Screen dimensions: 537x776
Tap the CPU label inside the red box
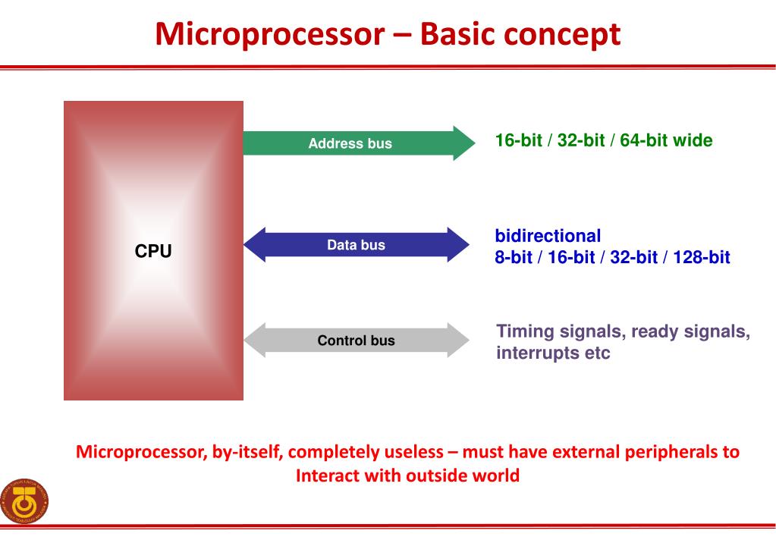pyautogui.click(x=153, y=251)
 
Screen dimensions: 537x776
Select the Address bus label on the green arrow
pyautogui.click(x=350, y=143)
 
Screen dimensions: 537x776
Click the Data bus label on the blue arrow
pyautogui.click(x=356, y=245)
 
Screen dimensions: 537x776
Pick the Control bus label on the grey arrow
pyautogui.click(x=356, y=341)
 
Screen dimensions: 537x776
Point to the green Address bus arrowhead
pyautogui.click(x=463, y=143)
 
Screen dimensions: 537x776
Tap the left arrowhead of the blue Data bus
pyautogui.click(x=255, y=245)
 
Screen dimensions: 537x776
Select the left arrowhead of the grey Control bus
pyautogui.click(x=255, y=340)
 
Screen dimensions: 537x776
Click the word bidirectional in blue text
pyautogui.click(x=547, y=236)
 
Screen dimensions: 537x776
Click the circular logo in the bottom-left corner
pyautogui.click(x=25, y=501)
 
